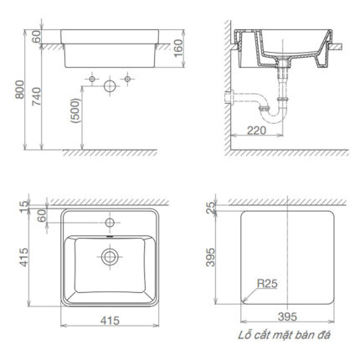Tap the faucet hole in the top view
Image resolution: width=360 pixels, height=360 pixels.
tap(107, 224)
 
